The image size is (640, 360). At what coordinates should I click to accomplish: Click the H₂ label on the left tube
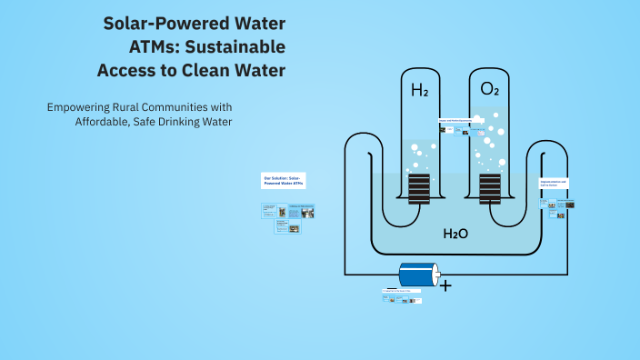coord(419,91)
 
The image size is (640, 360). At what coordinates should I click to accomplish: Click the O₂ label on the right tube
coord(490,90)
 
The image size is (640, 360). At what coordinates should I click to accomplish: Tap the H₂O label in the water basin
coord(455,234)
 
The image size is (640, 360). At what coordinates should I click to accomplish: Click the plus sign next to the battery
coord(445,285)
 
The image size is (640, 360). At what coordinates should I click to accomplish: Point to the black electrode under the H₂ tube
coord(419,189)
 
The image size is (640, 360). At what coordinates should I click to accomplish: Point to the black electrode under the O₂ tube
coord(490,189)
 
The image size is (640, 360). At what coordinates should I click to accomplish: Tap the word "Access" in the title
coord(129,70)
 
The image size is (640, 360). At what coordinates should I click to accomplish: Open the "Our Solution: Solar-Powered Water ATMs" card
coord(284,180)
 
